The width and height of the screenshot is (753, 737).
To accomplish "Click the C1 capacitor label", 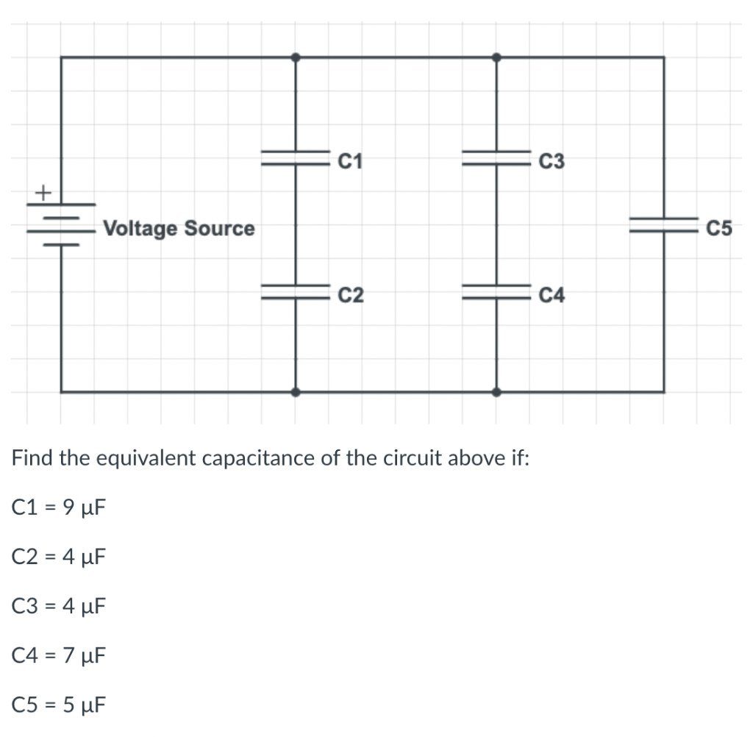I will tap(351, 160).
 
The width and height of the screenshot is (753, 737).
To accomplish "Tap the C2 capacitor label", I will tap(351, 296).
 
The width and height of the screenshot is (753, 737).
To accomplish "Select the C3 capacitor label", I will tap(552, 160).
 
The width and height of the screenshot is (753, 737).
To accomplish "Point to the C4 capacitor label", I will tap(552, 296).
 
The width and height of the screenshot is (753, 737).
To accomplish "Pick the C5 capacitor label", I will tap(718, 229).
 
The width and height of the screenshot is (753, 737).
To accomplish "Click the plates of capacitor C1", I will tap(296, 158).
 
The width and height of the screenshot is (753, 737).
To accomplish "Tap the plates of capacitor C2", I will tap(296, 291).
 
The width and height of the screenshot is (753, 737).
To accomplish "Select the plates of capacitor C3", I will tap(496, 158).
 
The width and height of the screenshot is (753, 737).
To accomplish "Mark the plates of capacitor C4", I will tap(496, 291).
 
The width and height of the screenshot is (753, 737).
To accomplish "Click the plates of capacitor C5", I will tap(663, 224).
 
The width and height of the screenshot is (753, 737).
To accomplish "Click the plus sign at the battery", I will tap(43, 193).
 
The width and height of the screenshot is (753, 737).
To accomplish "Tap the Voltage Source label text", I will tap(179, 228).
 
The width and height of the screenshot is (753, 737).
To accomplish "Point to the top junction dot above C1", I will tap(296, 57).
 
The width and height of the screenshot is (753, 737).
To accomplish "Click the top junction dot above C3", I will tap(496, 57).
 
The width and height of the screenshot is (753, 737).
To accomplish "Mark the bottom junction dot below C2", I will tap(296, 392).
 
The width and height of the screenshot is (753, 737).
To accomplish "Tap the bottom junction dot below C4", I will tap(496, 392).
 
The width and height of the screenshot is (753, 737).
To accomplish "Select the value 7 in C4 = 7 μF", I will tap(67, 655).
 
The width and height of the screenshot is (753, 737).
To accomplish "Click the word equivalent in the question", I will tap(144, 459).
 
